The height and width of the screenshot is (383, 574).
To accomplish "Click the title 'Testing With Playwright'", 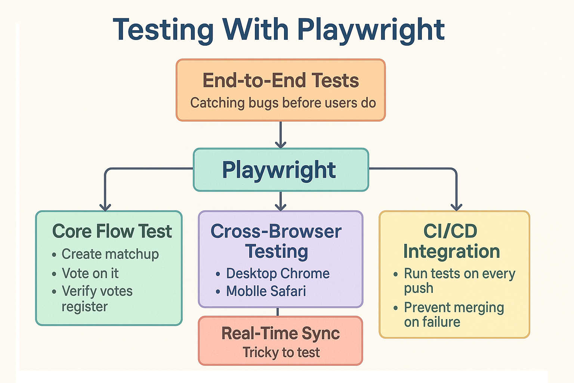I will (x=279, y=30).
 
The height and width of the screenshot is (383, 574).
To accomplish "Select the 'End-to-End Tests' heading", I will (x=281, y=81).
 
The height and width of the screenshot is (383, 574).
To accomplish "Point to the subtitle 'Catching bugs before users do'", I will (x=283, y=103).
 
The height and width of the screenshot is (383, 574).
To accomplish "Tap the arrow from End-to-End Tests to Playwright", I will (x=280, y=135).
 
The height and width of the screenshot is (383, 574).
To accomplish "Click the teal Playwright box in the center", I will (x=281, y=170).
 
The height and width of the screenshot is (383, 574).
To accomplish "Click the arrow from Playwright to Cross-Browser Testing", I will (x=280, y=201).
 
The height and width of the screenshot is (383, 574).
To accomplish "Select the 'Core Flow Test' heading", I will (x=112, y=231).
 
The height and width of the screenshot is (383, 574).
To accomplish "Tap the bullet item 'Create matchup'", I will (x=110, y=254).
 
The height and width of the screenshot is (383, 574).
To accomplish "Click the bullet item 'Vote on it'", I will (x=90, y=273).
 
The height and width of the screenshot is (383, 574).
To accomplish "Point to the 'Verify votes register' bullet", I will (x=97, y=299).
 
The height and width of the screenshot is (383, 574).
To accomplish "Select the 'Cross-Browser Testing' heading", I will (x=276, y=241).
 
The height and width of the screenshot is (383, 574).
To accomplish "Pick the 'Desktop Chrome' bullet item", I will (x=278, y=273).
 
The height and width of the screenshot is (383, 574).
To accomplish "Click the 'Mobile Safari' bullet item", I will (x=266, y=291).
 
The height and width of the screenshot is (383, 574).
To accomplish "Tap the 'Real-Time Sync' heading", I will (x=280, y=333).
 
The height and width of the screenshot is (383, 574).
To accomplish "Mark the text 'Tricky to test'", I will (x=281, y=352).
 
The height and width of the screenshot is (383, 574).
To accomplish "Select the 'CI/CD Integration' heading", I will (x=451, y=241).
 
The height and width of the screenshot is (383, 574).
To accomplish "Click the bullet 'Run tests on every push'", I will (x=459, y=281).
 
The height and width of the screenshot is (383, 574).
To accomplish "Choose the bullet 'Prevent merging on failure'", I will (x=454, y=315).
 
